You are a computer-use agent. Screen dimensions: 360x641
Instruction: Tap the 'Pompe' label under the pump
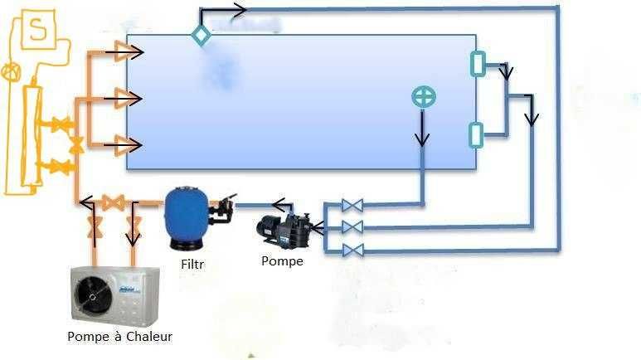point(282,260)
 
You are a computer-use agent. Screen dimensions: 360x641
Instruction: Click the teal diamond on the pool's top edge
point(201,34)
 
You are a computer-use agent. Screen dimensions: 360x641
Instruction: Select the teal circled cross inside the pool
point(424,97)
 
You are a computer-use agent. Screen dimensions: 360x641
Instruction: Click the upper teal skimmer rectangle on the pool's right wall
point(477,64)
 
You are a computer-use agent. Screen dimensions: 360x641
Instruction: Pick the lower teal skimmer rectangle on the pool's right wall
point(476,134)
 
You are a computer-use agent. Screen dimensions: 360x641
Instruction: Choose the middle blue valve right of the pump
point(352,227)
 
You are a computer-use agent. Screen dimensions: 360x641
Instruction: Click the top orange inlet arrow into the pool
point(129,51)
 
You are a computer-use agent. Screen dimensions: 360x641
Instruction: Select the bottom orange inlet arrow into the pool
point(129,145)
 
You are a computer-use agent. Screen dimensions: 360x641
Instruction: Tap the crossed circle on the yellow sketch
point(11,71)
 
